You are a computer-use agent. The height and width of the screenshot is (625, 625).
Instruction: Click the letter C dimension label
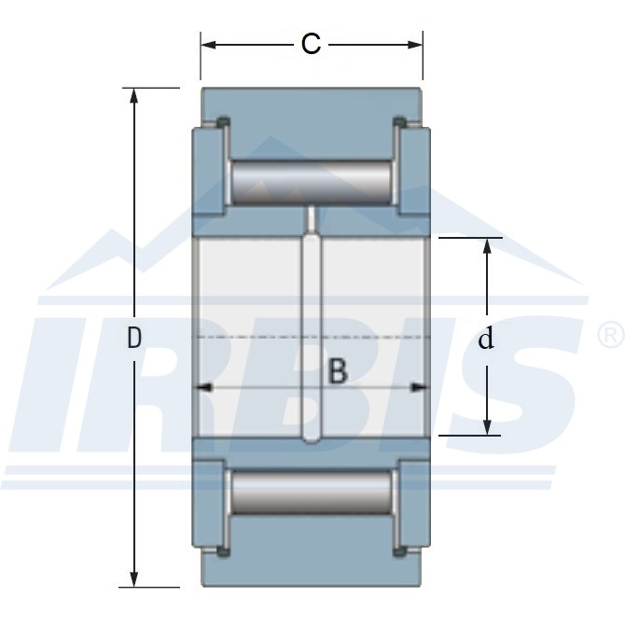tap(311, 44)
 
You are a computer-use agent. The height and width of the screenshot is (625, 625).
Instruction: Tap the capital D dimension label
tap(134, 339)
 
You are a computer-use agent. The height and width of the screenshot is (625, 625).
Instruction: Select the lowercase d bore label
tap(485, 340)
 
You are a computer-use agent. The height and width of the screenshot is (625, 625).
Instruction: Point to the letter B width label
tap(338, 371)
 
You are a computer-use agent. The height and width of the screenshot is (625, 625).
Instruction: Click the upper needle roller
tap(312, 183)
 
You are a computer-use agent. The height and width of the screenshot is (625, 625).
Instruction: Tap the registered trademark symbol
tap(608, 332)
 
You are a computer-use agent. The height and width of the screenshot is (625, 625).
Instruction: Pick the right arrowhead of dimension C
tap(416, 44)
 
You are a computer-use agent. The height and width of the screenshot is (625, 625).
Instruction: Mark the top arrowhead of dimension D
tap(134, 95)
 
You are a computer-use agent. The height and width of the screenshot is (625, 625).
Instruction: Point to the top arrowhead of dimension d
tap(486, 244)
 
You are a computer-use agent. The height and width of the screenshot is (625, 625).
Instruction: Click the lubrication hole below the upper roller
tap(312, 216)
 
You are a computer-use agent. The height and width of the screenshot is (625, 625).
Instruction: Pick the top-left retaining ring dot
tap(223, 121)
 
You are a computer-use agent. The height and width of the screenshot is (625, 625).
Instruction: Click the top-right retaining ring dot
tap(400, 121)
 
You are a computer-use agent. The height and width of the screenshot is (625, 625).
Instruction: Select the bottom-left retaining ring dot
tap(223, 553)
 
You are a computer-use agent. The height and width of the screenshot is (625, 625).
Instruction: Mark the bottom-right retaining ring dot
tap(400, 553)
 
